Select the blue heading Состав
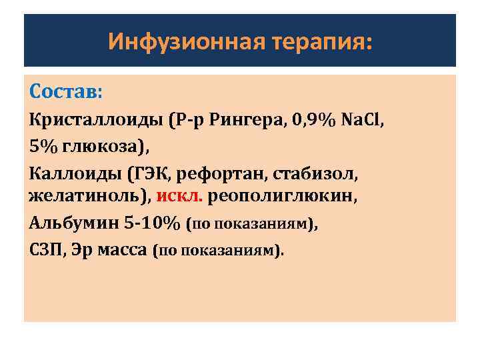(x=65, y=90)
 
